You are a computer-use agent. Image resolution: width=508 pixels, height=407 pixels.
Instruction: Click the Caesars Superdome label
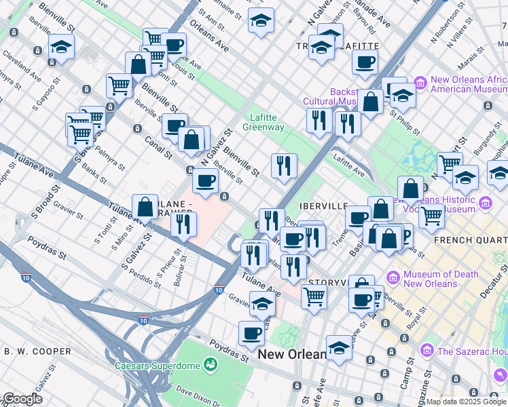[165, 366]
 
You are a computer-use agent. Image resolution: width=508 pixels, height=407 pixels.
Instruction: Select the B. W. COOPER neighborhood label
[37, 351]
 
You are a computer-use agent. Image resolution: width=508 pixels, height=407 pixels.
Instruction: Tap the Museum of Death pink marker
[393, 278]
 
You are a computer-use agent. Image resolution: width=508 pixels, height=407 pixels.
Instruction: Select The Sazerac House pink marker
[427, 351]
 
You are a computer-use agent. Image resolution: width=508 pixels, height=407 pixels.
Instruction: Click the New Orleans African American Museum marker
[420, 83]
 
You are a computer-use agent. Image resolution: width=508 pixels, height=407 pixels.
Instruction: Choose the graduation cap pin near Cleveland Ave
[62, 47]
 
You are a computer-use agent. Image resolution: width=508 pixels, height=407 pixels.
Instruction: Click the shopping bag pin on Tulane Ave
[145, 206]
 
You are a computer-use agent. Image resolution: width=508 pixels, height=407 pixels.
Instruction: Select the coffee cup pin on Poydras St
[252, 333]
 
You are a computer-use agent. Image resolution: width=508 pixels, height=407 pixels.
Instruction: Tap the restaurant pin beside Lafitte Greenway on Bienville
[284, 165]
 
